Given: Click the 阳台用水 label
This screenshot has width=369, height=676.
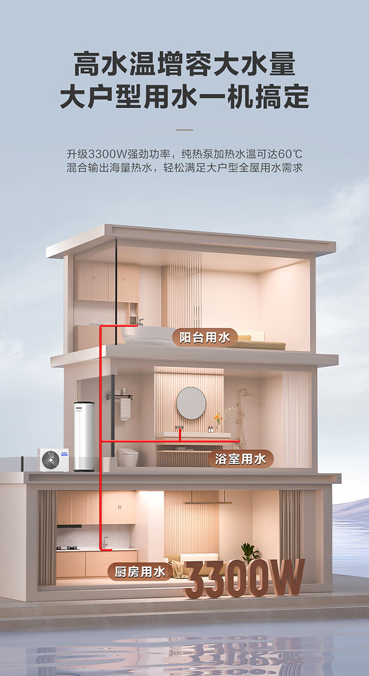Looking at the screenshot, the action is point(205,338).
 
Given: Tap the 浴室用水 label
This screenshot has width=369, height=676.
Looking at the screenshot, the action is point(241,459).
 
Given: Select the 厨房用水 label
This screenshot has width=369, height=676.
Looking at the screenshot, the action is point(140,572).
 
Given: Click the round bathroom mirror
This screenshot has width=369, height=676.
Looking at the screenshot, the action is point(191,403).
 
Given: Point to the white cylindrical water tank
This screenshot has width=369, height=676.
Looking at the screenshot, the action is point(84,436).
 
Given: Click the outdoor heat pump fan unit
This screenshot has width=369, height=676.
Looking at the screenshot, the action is point(53,460).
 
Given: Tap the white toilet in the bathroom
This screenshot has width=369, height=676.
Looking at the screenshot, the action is point(128,457).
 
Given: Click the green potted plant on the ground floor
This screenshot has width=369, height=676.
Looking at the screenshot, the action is point(250,552).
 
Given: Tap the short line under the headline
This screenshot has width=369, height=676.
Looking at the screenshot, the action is point(184,130).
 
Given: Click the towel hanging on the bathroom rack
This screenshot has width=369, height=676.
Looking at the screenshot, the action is point(125,409).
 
